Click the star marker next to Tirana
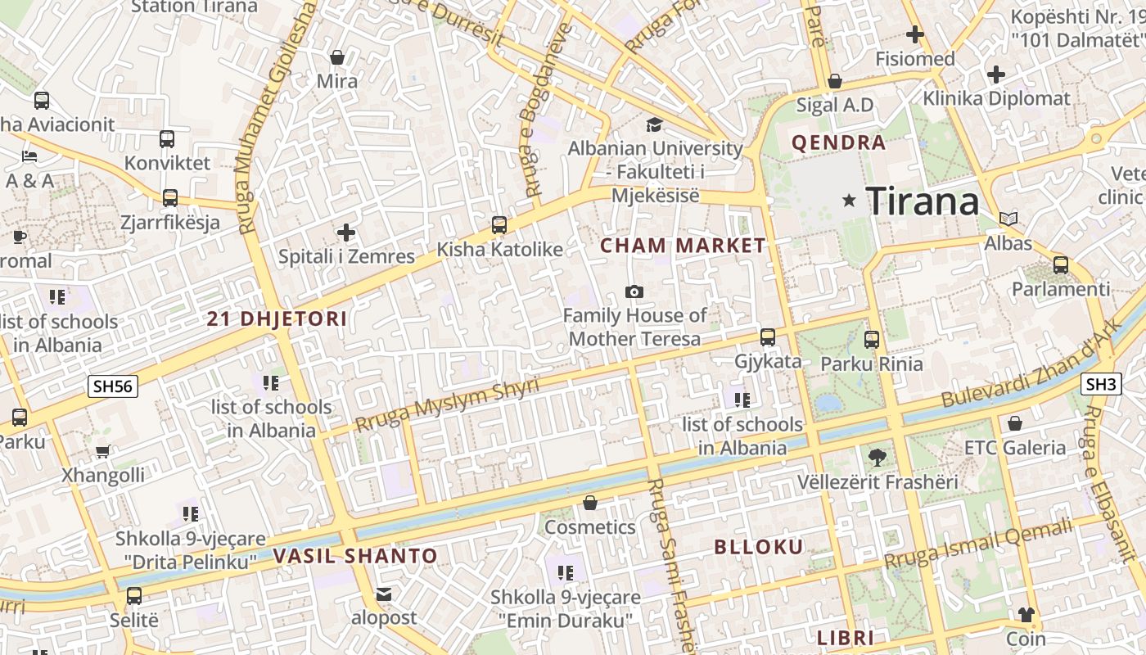point(850,200)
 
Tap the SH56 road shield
point(113,386)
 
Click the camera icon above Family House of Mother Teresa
point(634,292)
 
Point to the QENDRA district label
point(838,142)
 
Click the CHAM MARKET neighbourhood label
point(683,245)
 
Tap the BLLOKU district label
point(759,547)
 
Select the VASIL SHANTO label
point(355,556)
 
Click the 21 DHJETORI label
point(277,318)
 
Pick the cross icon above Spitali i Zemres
point(346,233)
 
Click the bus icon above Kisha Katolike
point(499,225)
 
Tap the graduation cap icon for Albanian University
point(654,124)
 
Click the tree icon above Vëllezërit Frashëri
point(877,457)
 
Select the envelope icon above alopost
point(384,594)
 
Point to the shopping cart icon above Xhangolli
point(103,451)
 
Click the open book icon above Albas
point(1008,219)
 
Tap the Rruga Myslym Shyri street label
point(448,405)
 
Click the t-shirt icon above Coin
point(1026,614)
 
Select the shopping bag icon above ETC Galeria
point(1015,423)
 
